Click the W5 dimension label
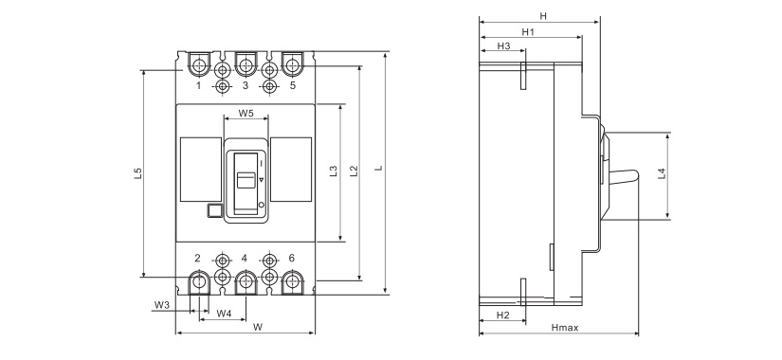coord(246,113)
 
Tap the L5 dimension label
coord(138,173)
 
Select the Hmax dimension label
coord(565,328)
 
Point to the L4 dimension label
coord(662,174)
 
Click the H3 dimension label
coord(503,45)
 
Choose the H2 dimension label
coord(502,315)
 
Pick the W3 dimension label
coord(161,305)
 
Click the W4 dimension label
coord(224,314)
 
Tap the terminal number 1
coord(198,85)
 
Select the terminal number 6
coord(292,258)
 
